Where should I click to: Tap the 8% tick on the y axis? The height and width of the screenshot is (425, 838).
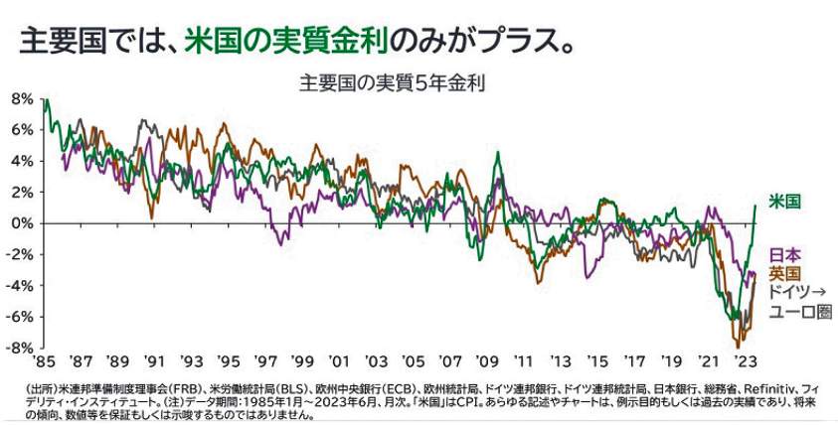click(x=22, y=98)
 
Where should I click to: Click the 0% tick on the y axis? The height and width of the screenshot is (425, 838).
click(x=22, y=223)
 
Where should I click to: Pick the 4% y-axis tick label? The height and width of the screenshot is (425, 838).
click(x=22, y=161)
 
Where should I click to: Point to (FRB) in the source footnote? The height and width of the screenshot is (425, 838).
click(x=181, y=385)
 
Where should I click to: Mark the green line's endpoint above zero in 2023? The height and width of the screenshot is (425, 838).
click(x=756, y=206)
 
